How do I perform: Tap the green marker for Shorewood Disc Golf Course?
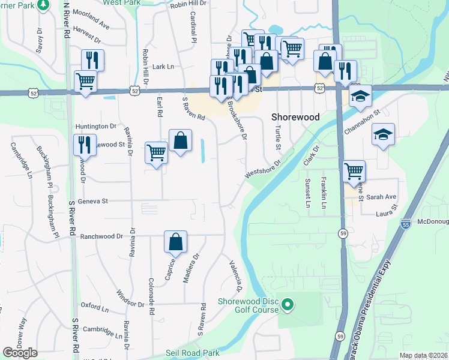[x=288, y=305]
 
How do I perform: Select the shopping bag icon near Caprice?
[x=176, y=242]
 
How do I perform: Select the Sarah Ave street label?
[x=382, y=197]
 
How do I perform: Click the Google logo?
[x=20, y=352]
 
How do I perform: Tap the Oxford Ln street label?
[x=95, y=309]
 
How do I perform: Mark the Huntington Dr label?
[x=96, y=127]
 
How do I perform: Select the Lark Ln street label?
[x=163, y=67]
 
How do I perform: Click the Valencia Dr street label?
[x=235, y=273]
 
